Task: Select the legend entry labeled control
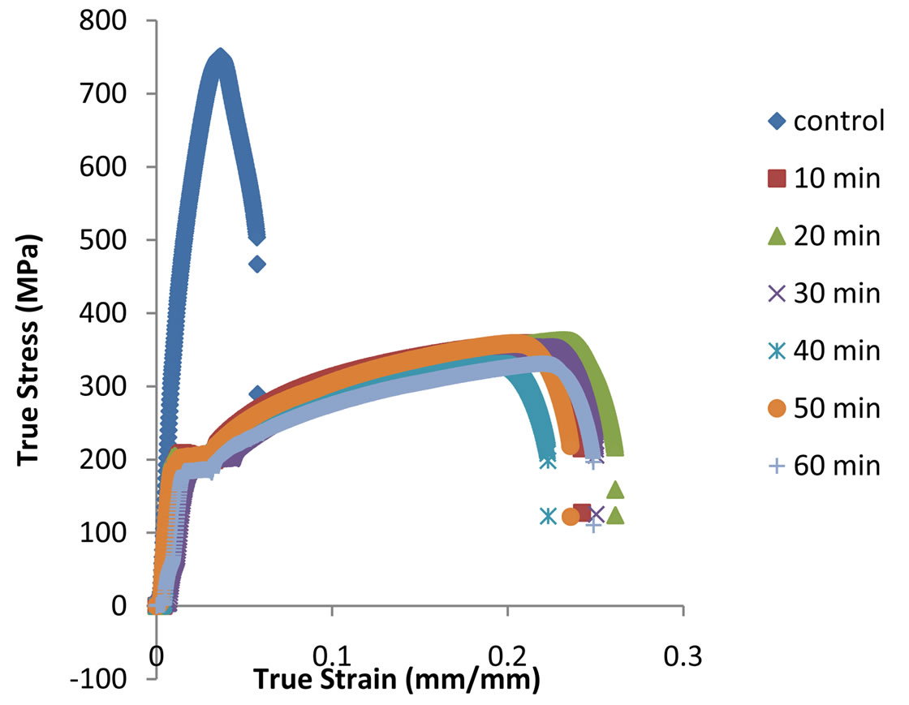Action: tap(838, 121)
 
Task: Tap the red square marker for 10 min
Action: tap(777, 178)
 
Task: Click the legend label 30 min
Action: tap(838, 293)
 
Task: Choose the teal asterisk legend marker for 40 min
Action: tap(777, 350)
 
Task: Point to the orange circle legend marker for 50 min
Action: tap(777, 408)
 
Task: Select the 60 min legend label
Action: tap(838, 466)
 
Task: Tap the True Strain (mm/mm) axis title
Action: tap(398, 680)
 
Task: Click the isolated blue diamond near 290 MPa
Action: tap(257, 394)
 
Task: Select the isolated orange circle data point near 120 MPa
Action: tap(570, 516)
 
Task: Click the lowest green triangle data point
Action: tap(615, 515)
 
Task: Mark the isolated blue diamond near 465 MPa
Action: tap(257, 264)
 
